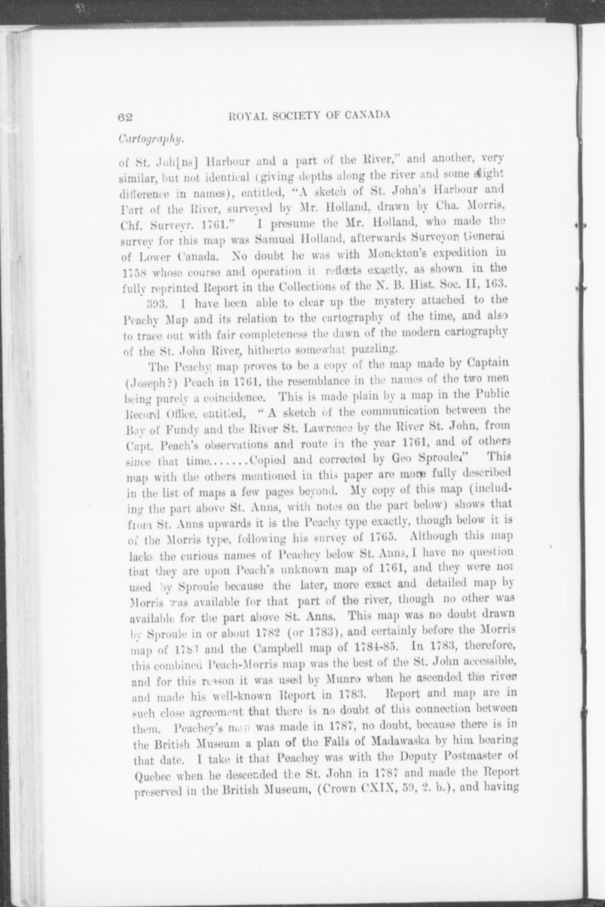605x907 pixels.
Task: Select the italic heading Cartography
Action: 151,139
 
